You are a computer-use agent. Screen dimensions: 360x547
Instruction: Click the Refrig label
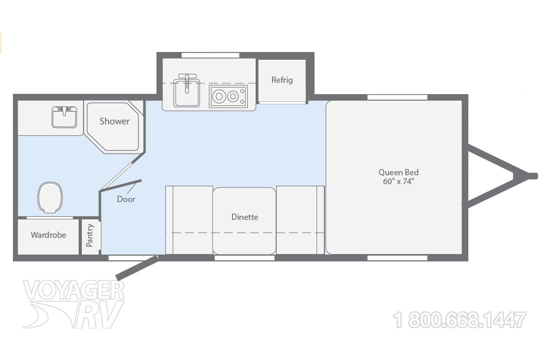282,80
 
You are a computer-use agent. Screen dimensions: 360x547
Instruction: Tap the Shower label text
114,121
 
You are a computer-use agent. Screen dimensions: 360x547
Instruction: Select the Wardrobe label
48,235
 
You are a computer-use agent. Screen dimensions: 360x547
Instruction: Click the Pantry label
90,235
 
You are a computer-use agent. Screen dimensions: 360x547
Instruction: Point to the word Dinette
245,217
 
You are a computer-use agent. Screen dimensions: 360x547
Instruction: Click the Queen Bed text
398,172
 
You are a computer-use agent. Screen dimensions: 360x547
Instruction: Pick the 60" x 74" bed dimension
398,182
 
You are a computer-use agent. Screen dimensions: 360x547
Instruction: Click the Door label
126,199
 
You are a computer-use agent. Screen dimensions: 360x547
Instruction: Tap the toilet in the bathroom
50,197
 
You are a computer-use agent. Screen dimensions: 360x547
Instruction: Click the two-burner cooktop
228,96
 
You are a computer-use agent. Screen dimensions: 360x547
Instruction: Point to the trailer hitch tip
533,175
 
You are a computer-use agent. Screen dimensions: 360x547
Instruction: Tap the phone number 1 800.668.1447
460,320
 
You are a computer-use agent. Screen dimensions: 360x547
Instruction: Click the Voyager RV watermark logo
74,304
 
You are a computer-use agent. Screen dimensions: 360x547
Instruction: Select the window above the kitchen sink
210,55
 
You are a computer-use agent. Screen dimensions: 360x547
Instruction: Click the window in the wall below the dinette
244,258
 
